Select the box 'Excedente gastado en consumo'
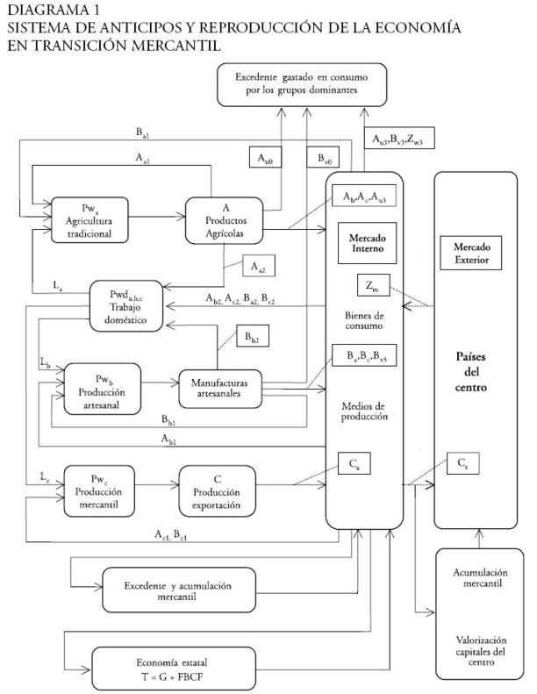point(305,85)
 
